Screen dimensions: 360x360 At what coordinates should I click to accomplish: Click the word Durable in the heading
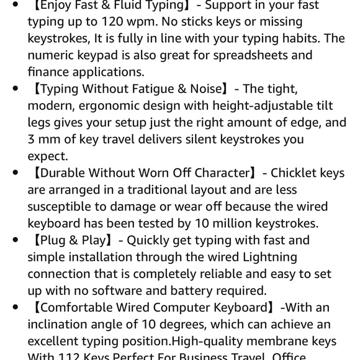point(60,173)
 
